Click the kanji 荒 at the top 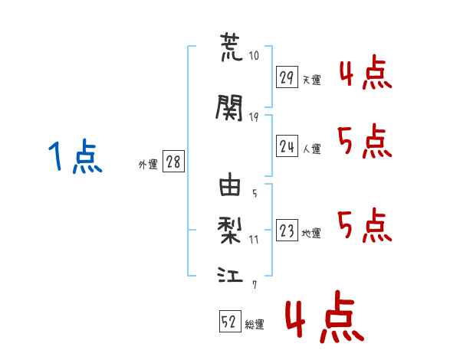tap(232, 47)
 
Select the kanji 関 tap(229, 107)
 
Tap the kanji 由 tap(230, 184)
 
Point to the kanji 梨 tap(230, 231)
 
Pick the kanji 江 tap(230, 274)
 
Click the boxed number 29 tap(287, 77)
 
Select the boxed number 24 tap(287, 146)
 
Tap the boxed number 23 tap(287, 230)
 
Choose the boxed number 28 tap(173, 161)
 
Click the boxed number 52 tap(230, 321)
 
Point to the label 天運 tap(312, 80)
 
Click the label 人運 tap(312, 149)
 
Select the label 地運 tap(311, 234)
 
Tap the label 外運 tap(148, 165)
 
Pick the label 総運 tap(255, 325)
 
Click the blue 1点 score tap(75, 156)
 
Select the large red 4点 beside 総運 tap(325, 316)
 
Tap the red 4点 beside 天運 tap(366, 73)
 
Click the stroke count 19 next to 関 tap(254, 117)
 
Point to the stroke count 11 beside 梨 tap(254, 240)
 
